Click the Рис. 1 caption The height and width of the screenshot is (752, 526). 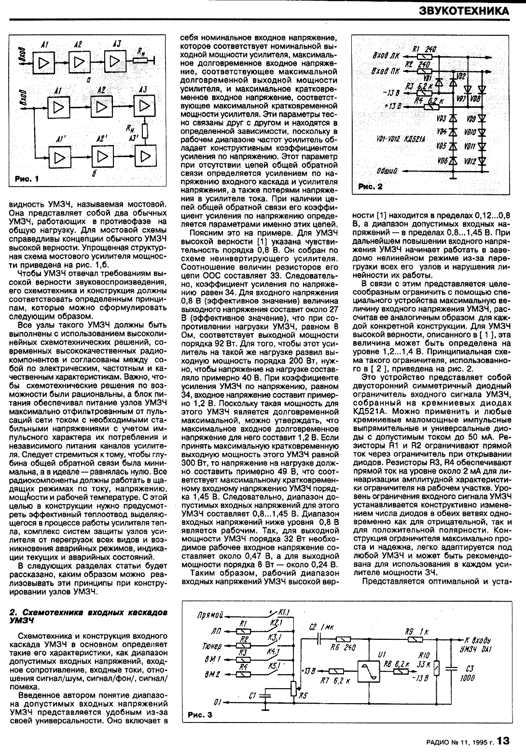pyautogui.click(x=27, y=179)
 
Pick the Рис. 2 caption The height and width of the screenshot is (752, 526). pyautogui.click(x=371, y=186)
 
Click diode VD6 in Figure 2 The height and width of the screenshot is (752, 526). pyautogui.click(x=453, y=161)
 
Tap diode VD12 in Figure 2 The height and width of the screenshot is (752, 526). pyautogui.click(x=482, y=161)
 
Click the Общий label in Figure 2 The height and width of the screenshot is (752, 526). pyautogui.click(x=386, y=171)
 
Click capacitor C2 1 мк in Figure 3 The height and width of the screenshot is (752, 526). pyautogui.click(x=319, y=639)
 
